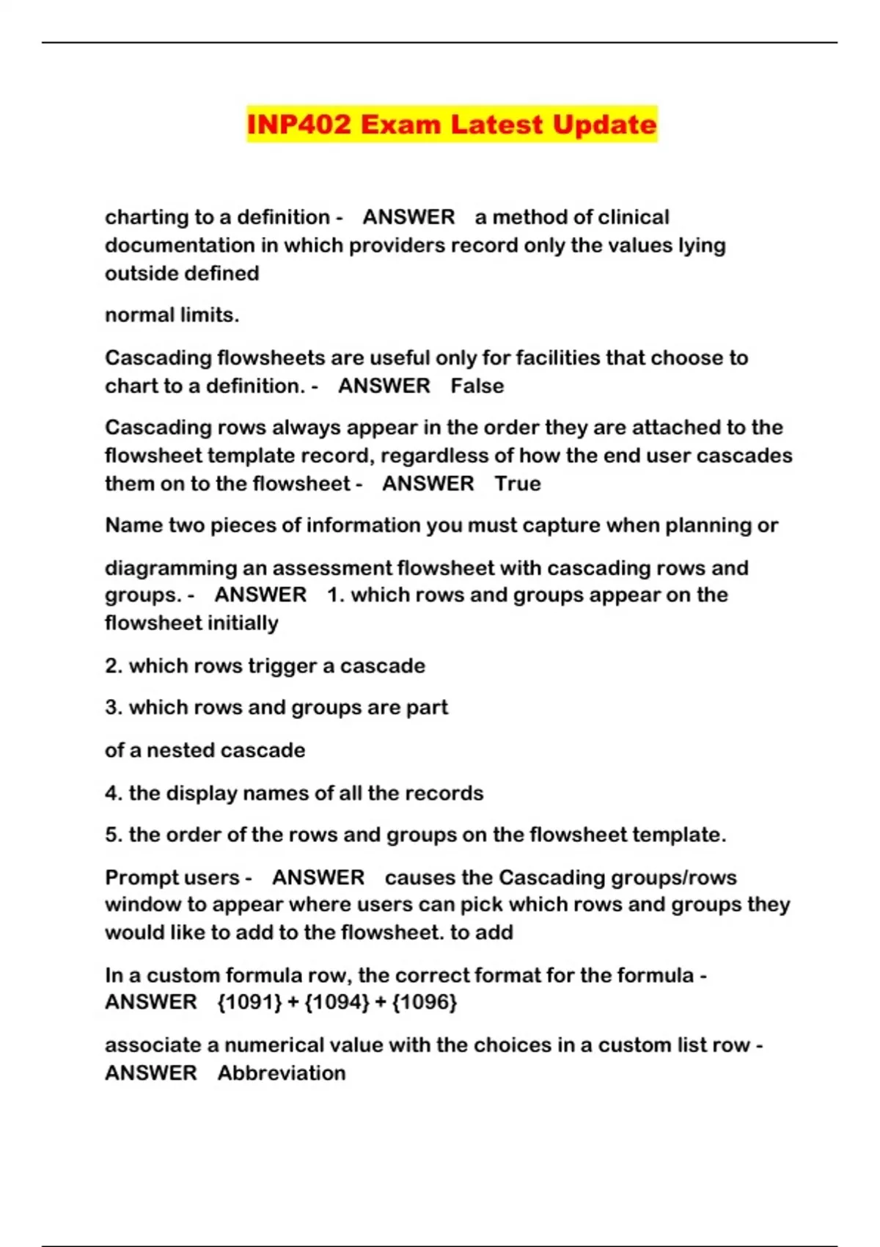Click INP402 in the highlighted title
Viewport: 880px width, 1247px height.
tap(299, 124)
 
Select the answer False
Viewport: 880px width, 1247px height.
tap(477, 386)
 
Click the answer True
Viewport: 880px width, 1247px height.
tap(518, 483)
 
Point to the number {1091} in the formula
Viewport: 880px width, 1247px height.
tap(249, 1002)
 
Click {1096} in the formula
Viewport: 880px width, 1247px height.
tap(425, 1002)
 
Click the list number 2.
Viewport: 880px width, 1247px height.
tap(113, 666)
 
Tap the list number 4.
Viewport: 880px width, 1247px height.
tap(113, 794)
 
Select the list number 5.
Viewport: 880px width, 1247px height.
tap(113, 835)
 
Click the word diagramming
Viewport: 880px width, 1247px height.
tap(162, 568)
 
